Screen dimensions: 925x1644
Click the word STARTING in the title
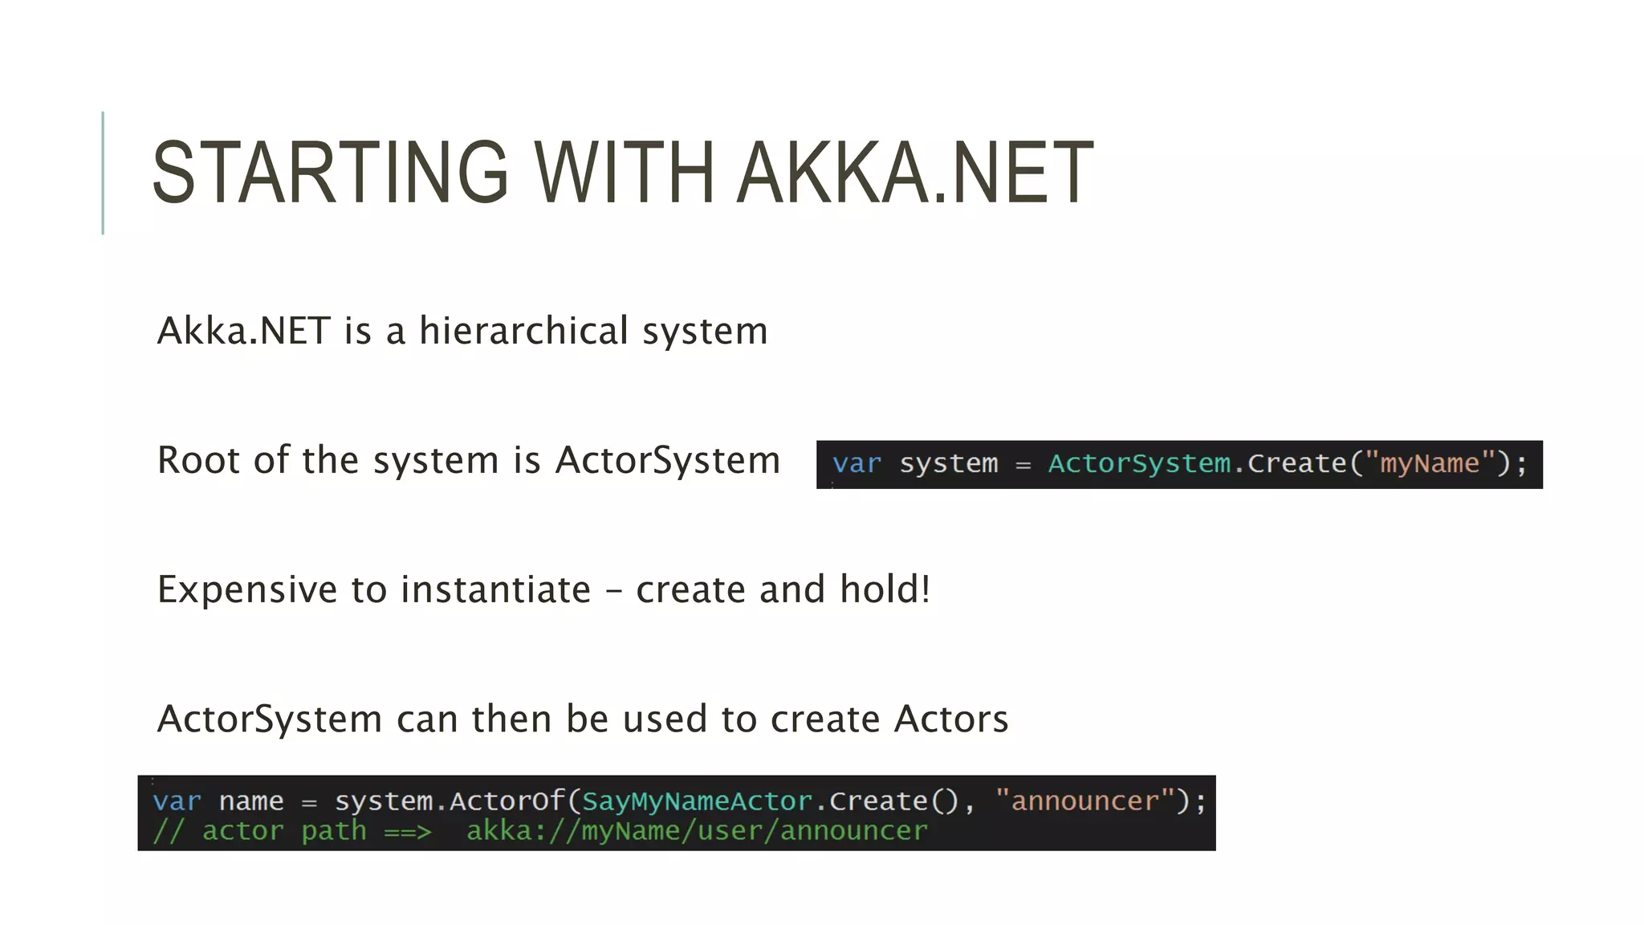tap(330, 172)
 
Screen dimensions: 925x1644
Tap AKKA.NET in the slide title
tap(915, 172)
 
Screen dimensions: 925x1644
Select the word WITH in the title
tap(624, 172)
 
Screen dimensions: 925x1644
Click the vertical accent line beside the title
tap(103, 173)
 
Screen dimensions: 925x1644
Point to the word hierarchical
tap(523, 331)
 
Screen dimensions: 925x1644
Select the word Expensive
tap(247, 590)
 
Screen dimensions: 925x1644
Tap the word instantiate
tap(495, 590)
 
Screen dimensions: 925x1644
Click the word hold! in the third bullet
tap(885, 589)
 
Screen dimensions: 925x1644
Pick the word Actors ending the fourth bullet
tap(951, 719)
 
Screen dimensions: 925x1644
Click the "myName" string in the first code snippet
tap(1429, 463)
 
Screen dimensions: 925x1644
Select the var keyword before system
tap(857, 464)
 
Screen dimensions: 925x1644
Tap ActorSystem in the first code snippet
tap(1138, 463)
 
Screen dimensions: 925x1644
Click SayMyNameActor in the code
tap(697, 801)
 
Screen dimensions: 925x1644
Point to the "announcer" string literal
tap(1084, 801)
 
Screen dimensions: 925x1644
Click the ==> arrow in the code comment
tap(407, 832)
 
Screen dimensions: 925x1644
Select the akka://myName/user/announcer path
tap(697, 831)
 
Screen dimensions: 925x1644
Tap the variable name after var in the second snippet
tap(251, 801)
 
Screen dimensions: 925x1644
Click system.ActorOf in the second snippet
tap(450, 801)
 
